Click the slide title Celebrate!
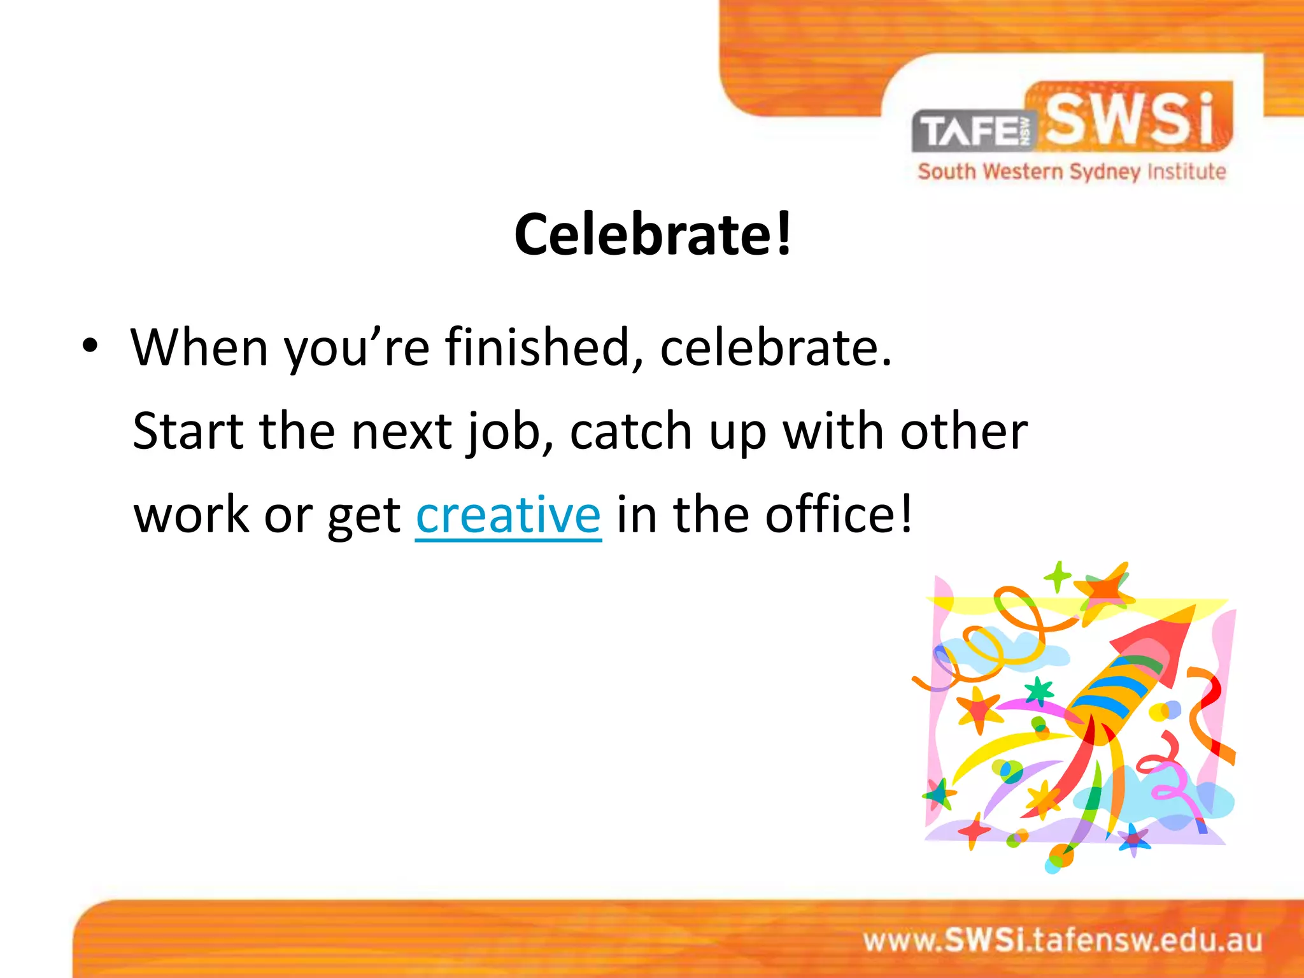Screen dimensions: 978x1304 click(x=653, y=234)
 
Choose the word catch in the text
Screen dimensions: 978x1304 click(x=630, y=432)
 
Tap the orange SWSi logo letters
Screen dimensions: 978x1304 click(x=1130, y=119)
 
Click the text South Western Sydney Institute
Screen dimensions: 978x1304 click(x=1072, y=172)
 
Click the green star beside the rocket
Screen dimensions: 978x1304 click(x=1039, y=691)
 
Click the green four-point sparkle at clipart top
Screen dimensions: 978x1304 click(x=1058, y=576)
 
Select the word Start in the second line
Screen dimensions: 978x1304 click(x=188, y=432)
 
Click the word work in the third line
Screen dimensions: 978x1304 click(x=191, y=514)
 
